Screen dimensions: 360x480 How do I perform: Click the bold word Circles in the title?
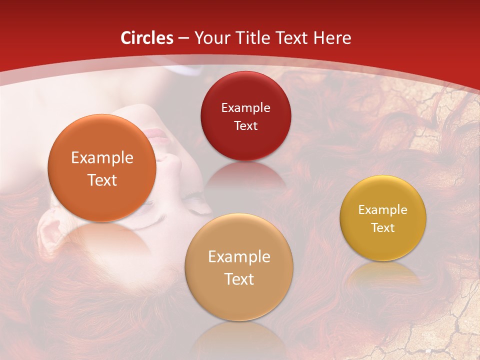coord(147,38)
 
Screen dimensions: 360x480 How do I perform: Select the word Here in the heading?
coord(332,38)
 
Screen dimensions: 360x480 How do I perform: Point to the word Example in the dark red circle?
coord(245,108)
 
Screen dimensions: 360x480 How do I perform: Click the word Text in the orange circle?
coord(102,180)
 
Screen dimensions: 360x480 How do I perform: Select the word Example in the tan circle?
coord(239,257)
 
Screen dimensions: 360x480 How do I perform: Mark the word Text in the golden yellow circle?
coord(383,228)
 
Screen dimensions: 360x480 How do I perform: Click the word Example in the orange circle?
coord(102,158)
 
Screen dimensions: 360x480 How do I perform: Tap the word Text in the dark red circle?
coord(245,126)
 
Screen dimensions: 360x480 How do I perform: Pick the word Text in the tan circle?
coord(239,279)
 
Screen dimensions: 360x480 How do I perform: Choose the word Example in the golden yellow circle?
coord(383,210)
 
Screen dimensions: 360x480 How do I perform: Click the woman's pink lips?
coord(156,134)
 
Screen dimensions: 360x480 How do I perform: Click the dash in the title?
coord(183,38)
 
